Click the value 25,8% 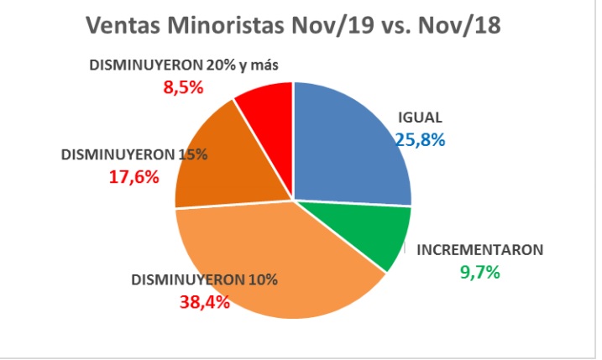tap(420, 140)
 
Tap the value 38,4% tap(204, 302)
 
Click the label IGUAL tap(421, 117)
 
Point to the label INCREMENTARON tap(481, 249)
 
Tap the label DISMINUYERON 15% tap(133, 154)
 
